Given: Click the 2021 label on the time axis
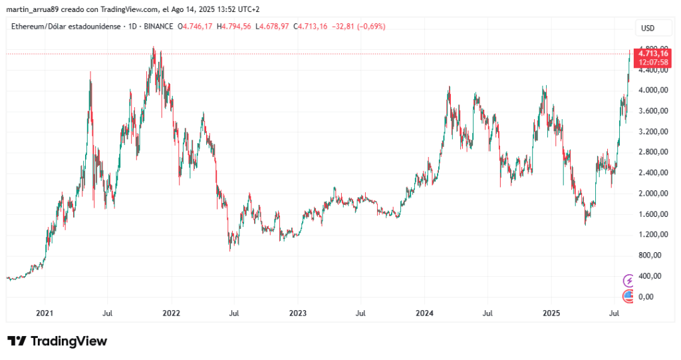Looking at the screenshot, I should [45, 313].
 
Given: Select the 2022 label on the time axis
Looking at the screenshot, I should [171, 313].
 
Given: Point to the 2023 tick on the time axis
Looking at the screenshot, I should [298, 313].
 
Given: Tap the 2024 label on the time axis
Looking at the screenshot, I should [424, 313].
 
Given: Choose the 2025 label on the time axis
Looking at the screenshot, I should [551, 313].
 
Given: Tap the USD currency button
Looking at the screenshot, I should [648, 28].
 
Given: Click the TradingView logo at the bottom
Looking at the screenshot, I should [57, 341].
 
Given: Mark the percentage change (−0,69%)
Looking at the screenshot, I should [365, 27].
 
